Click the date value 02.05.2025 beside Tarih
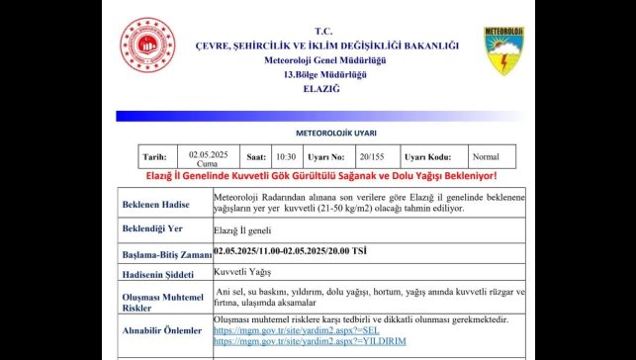[209, 153]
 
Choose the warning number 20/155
[373, 156]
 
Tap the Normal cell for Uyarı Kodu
[486, 156]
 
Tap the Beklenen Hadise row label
[157, 205]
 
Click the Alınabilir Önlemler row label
[161, 330]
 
